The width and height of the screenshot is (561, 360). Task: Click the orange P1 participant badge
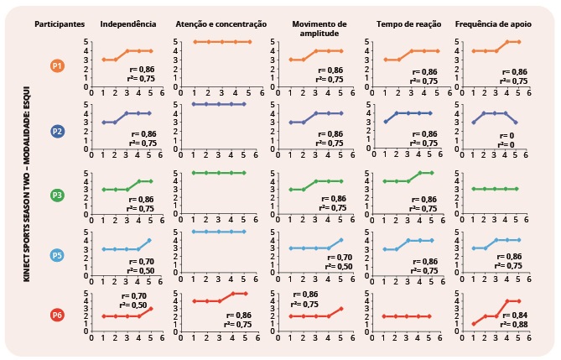(57, 65)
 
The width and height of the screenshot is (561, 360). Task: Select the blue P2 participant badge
(57, 131)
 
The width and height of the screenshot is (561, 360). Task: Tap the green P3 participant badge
(57, 195)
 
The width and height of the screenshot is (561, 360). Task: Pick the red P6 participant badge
(57, 315)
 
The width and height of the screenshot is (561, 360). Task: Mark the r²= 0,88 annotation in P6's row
(511, 322)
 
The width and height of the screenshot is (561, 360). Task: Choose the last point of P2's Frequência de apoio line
(517, 122)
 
